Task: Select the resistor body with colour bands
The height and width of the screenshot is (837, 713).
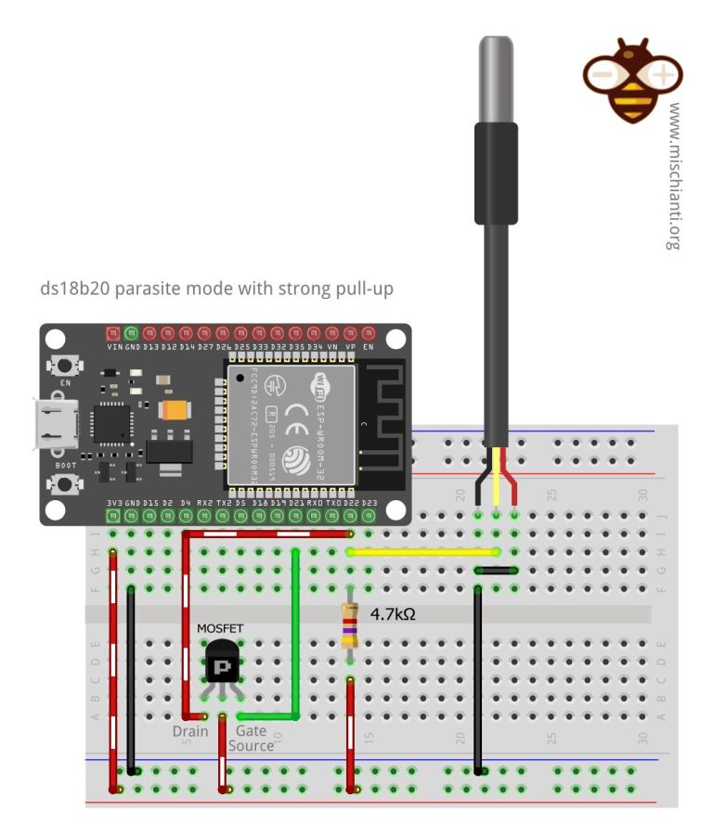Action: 350,625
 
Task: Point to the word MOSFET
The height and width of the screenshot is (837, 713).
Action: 220,628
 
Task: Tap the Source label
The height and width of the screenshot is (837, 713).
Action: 251,746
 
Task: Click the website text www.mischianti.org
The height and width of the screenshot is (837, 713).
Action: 675,176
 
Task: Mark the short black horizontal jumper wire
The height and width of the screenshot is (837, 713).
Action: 495,570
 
